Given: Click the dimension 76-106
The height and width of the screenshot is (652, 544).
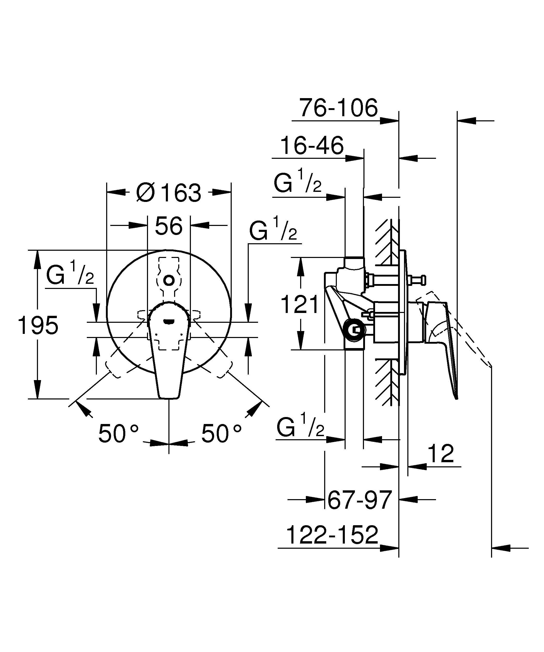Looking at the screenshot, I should pos(338,108).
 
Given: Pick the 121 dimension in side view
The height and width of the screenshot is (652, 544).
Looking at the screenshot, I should pos(300,304).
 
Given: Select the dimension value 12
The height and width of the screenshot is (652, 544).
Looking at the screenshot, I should pos(441,454).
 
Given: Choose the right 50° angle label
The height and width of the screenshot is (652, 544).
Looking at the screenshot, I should pos(221,434).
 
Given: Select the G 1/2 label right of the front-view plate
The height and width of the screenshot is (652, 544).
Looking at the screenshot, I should pos(273,230).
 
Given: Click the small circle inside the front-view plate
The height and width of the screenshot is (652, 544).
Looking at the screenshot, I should pos(169,281).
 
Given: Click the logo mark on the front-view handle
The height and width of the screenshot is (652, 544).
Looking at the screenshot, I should pos(169,321).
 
